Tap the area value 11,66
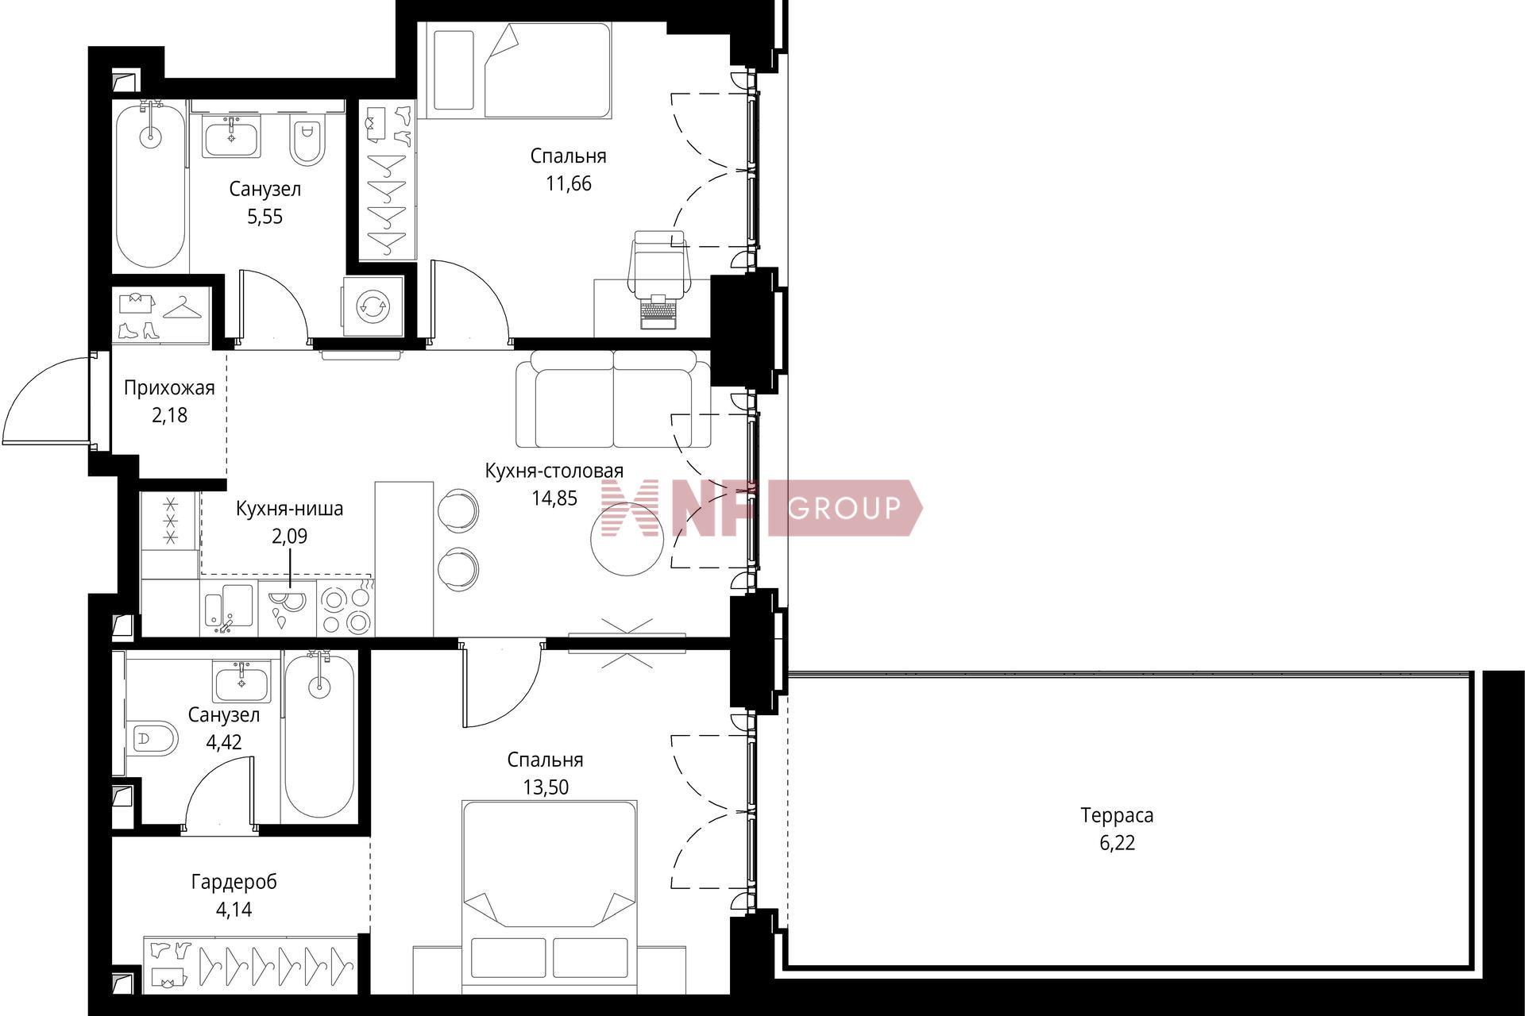(x=569, y=184)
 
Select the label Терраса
(x=1117, y=815)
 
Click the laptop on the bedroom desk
(x=658, y=312)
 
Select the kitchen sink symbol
(x=229, y=610)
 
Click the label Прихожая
(x=169, y=388)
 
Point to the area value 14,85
(x=554, y=498)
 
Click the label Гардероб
(x=234, y=882)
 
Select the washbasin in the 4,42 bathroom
(x=241, y=681)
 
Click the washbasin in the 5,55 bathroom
(x=231, y=136)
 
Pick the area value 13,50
(x=546, y=787)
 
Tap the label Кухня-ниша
(x=290, y=509)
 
